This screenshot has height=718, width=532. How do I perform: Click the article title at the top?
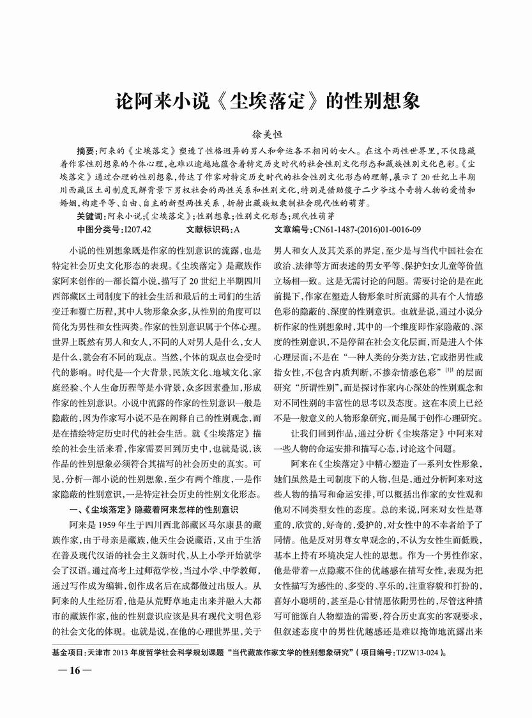266,102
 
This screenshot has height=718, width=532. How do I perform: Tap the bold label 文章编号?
291,228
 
